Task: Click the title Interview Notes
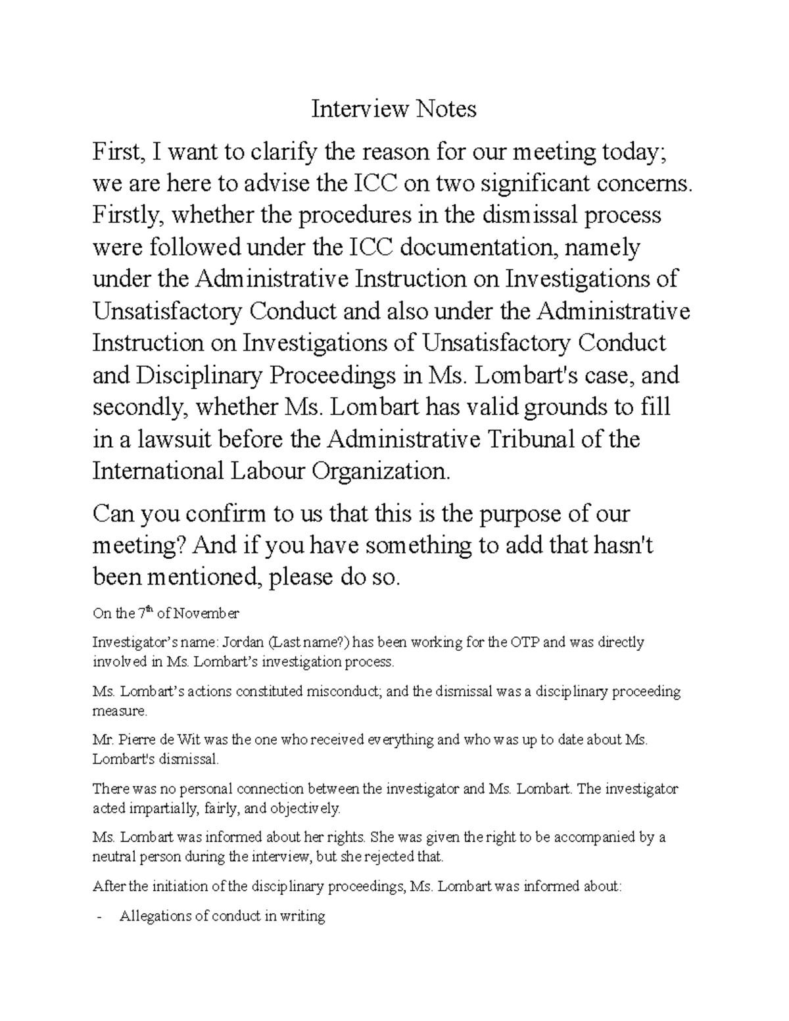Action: coord(394,109)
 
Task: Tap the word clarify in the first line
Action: coord(281,153)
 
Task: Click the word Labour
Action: coord(267,471)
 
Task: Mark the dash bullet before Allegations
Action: coord(99,917)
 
